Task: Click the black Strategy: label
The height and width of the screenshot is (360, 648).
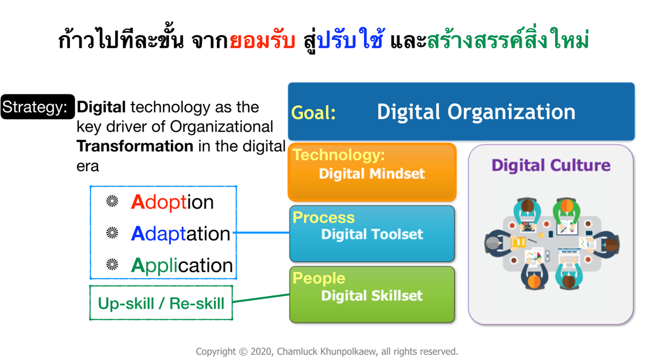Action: click(x=38, y=107)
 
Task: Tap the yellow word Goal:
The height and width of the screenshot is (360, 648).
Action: click(x=313, y=112)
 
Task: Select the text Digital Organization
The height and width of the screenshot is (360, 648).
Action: click(x=476, y=112)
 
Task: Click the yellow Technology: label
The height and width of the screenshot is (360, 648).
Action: click(x=339, y=155)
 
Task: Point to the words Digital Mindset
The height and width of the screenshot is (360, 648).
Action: click(x=372, y=173)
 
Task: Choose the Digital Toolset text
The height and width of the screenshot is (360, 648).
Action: click(x=372, y=234)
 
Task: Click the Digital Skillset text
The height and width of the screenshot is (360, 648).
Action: click(x=372, y=296)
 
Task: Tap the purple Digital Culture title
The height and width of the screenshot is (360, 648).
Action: click(x=551, y=165)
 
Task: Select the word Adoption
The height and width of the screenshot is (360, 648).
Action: click(x=172, y=202)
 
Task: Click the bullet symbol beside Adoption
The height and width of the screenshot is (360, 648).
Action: click(x=112, y=201)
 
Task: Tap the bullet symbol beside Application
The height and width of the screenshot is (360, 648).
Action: click(x=112, y=264)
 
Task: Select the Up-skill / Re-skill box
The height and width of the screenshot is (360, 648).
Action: click(x=161, y=303)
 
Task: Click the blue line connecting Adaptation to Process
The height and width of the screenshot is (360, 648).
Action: click(x=261, y=232)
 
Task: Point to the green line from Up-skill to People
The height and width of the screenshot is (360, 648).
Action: click(x=261, y=298)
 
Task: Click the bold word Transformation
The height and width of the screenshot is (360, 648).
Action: click(x=135, y=146)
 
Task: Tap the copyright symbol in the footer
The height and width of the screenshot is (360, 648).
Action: click(x=243, y=352)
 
